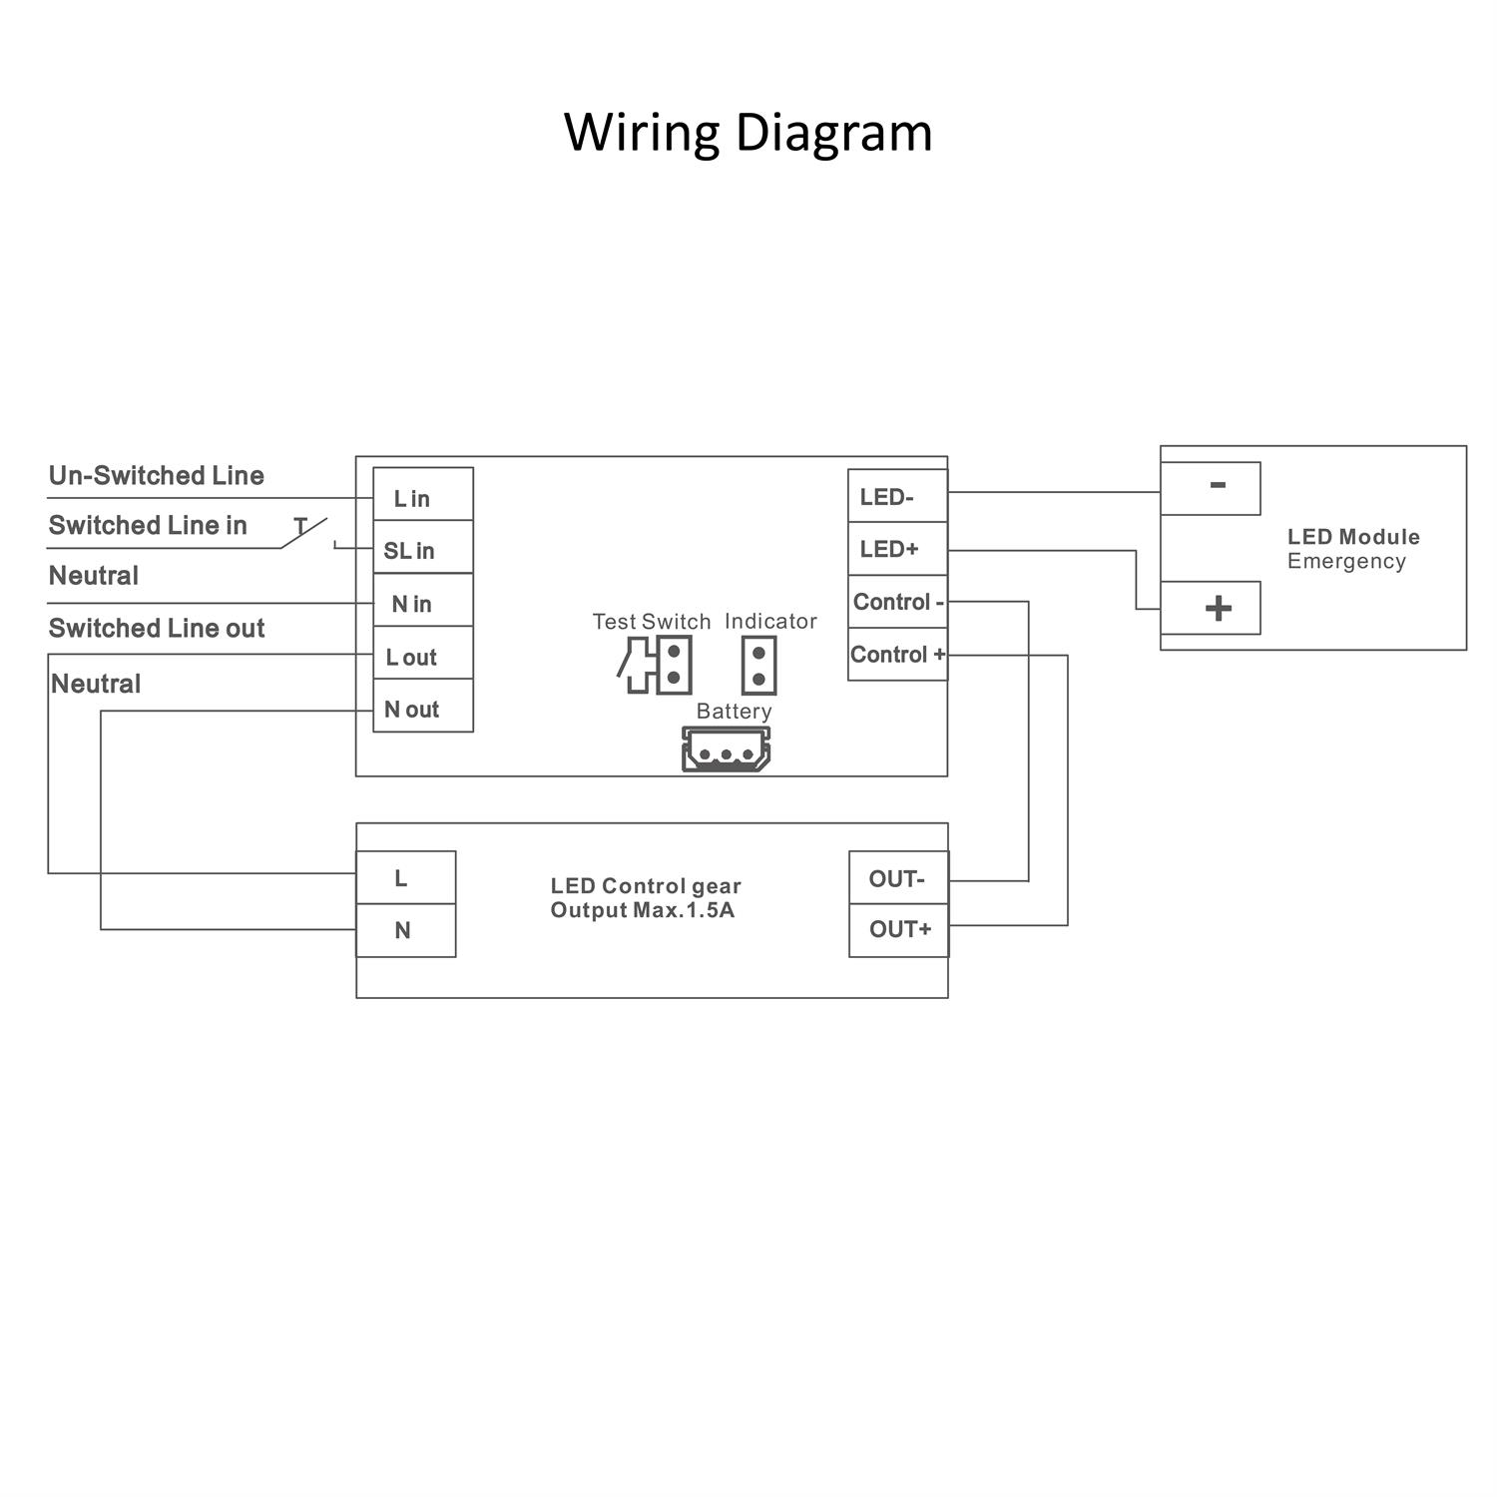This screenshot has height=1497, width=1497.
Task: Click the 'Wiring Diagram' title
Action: pyautogui.click(x=748, y=132)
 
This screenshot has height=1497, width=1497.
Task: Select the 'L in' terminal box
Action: pyautogui.click(x=422, y=495)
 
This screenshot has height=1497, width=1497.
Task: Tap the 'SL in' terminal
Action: pyautogui.click(x=422, y=548)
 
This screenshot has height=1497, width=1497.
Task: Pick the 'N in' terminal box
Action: pyautogui.click(x=422, y=601)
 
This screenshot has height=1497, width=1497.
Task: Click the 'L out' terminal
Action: pyautogui.click(x=422, y=654)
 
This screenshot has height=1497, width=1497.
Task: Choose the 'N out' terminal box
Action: pyautogui.click(x=422, y=707)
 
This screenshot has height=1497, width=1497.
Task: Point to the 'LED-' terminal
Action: pyautogui.click(x=897, y=496)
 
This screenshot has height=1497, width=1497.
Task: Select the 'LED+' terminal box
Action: pyautogui.click(x=897, y=549)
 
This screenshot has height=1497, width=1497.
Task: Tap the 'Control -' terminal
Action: pyautogui.click(x=897, y=602)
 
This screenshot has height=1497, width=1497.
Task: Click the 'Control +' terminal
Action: pyautogui.click(x=897, y=655)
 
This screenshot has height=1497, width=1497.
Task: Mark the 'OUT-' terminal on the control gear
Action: pyautogui.click(x=898, y=878)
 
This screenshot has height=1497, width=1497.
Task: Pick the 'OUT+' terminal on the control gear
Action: pyautogui.click(x=898, y=930)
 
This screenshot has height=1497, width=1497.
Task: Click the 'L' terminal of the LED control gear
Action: pyautogui.click(x=405, y=878)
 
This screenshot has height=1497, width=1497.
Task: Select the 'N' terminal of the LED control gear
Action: pyautogui.click(x=405, y=930)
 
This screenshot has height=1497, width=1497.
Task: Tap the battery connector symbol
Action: pyautogui.click(x=726, y=748)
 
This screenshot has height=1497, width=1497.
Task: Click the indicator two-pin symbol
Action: pyautogui.click(x=758, y=666)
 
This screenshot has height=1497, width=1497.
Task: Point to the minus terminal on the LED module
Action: pyautogui.click(x=1210, y=488)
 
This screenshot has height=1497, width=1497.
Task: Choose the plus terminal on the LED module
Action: pyautogui.click(x=1210, y=608)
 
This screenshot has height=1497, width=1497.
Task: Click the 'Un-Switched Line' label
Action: pyautogui.click(x=157, y=475)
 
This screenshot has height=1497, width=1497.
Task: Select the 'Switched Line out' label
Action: pyautogui.click(x=157, y=628)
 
